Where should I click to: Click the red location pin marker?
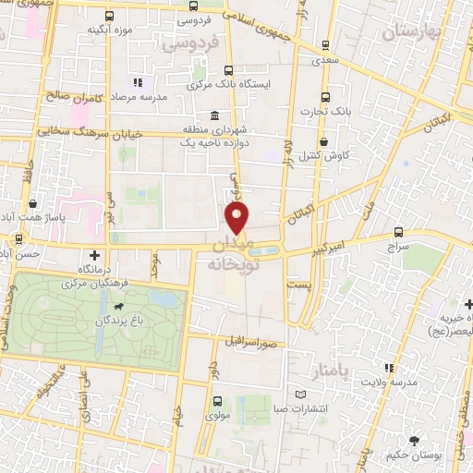(238, 219)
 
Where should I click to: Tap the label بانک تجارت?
(321, 112)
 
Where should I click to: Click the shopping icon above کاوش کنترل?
(325, 141)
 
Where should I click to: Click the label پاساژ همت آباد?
(34, 215)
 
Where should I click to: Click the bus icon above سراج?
(398, 233)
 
